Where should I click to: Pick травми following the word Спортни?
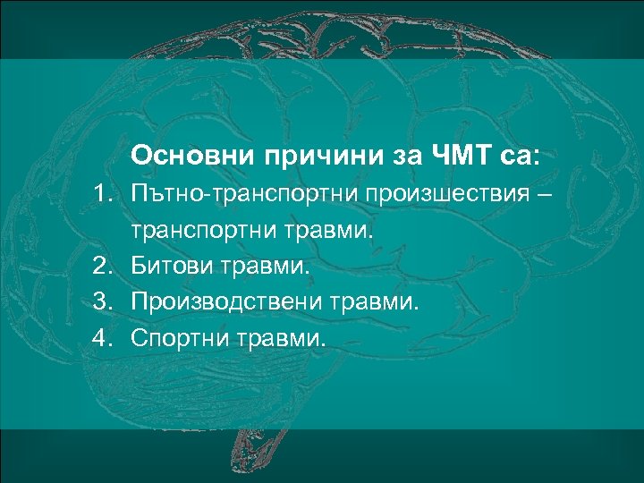[x=282, y=340]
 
